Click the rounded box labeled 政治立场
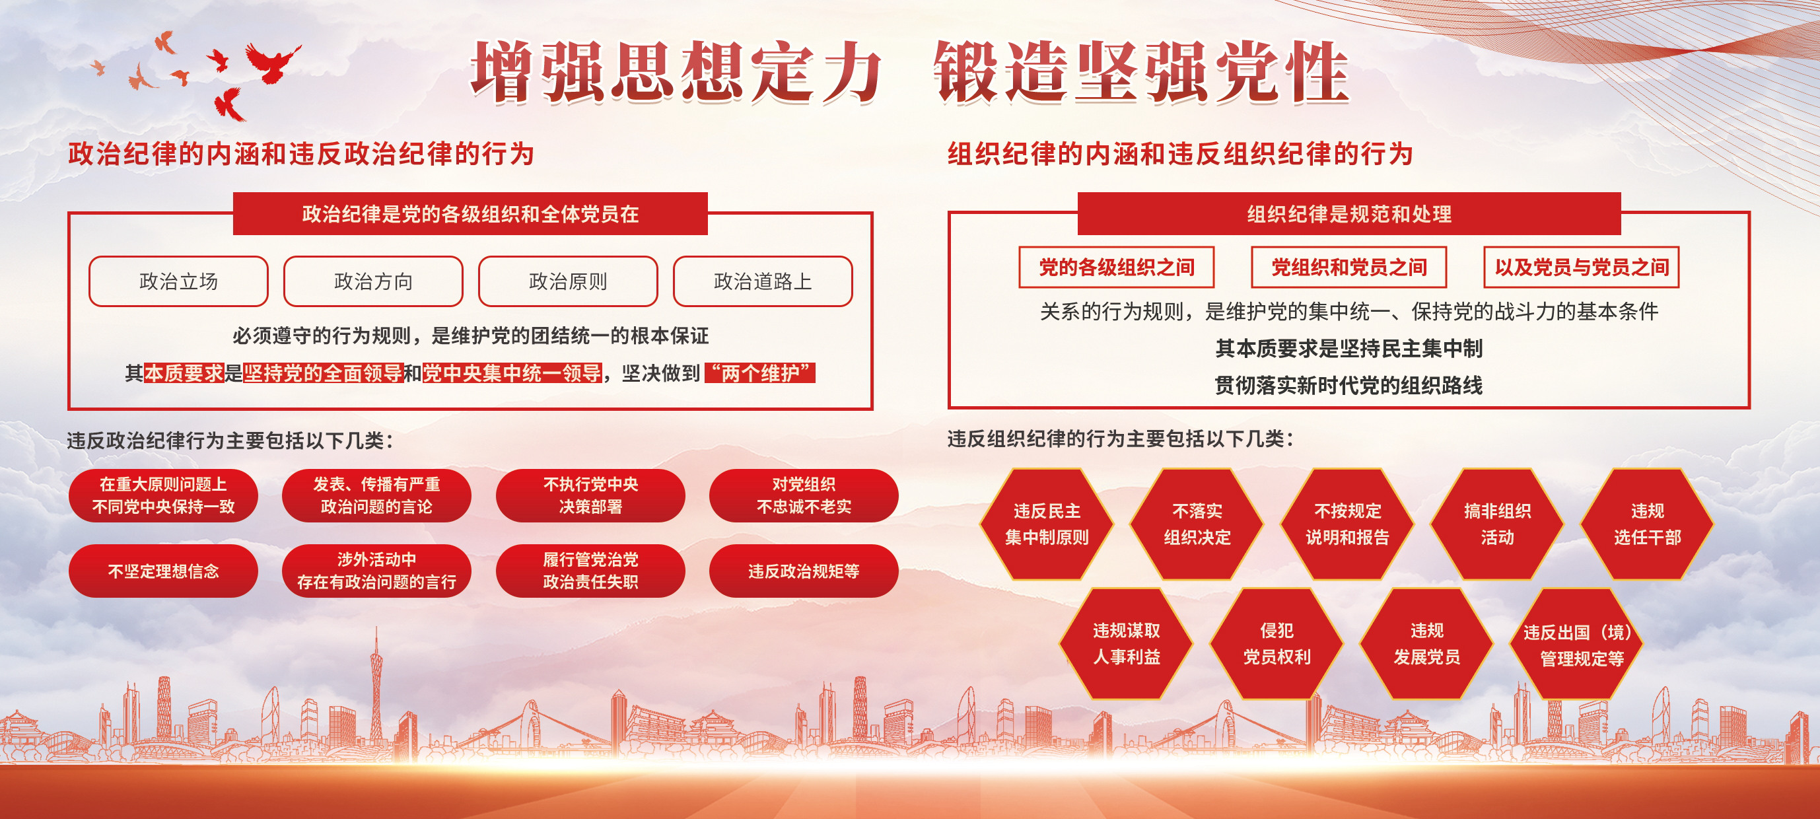click(178, 281)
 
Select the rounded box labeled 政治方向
click(373, 281)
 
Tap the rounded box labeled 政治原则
click(568, 281)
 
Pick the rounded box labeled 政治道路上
click(763, 281)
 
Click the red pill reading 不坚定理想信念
click(163, 571)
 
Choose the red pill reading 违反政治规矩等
click(804, 571)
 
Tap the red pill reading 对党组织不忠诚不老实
click(804, 495)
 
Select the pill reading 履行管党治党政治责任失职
click(590, 571)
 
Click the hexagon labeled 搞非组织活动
click(1497, 524)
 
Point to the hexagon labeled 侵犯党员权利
click(1277, 644)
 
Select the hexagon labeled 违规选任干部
click(1647, 524)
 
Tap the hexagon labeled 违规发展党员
click(1426, 644)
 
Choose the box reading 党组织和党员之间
click(1348, 267)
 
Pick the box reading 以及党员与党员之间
click(1581, 267)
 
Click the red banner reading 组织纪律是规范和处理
click(1348, 213)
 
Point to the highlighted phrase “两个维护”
click(760, 373)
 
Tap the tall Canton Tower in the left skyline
click(376, 692)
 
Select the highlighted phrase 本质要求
click(184, 373)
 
